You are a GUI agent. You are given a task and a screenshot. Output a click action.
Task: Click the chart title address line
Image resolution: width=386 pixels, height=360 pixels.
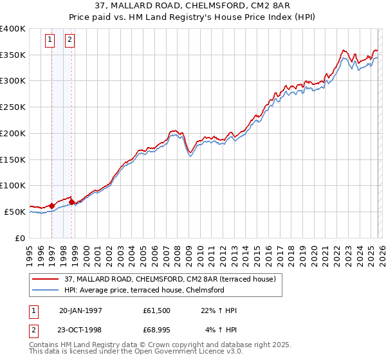[x=193, y=6]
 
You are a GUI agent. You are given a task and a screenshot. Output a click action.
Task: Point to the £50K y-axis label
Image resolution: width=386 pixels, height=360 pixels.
[x=15, y=212]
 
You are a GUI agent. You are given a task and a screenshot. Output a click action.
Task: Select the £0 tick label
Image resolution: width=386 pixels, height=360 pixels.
[x=20, y=238]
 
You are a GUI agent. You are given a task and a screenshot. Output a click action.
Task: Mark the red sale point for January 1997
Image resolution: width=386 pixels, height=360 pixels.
[x=52, y=206]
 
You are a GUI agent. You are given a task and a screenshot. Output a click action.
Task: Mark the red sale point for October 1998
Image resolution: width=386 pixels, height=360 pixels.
[x=72, y=202]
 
